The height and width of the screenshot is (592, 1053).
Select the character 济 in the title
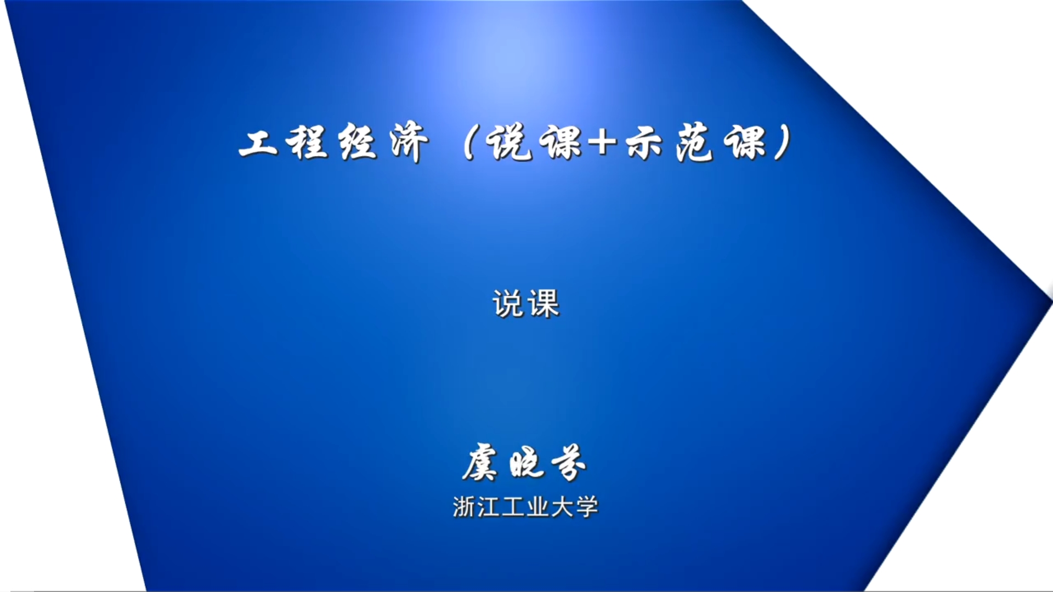point(408,143)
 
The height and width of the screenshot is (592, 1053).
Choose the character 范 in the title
point(695,143)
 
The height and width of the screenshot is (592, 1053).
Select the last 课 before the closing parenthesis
point(745,143)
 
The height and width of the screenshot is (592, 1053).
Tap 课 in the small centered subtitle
point(544,304)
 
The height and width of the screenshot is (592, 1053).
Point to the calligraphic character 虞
point(480,463)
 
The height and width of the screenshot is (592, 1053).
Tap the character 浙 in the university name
point(464,507)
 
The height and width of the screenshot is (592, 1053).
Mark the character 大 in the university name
point(563,507)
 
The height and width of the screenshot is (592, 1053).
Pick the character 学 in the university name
point(587,507)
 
